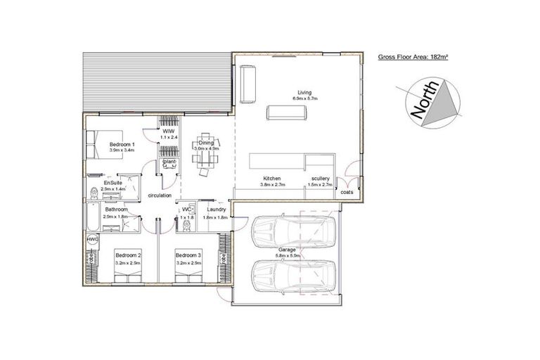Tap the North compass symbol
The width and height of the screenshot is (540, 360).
tap(428, 103)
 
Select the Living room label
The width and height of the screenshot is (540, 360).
tap(304, 92)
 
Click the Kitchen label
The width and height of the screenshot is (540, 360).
tap(272, 179)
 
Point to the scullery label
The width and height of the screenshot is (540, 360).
tap(320, 179)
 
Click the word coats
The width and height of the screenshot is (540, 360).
tap(346, 191)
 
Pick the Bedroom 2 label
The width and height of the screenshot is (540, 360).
tap(129, 255)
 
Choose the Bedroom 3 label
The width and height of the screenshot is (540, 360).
tap(188, 255)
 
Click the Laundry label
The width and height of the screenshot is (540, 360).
tap(217, 209)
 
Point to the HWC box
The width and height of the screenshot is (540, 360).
tap(92, 240)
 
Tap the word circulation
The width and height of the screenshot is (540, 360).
tap(160, 195)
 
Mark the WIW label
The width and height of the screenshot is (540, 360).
tap(168, 131)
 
